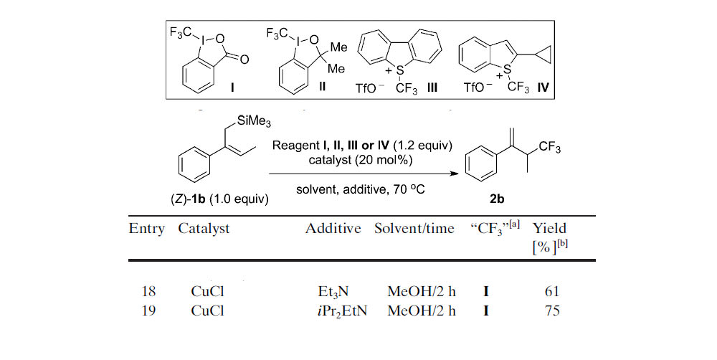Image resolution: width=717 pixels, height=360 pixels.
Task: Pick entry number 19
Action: [144, 311]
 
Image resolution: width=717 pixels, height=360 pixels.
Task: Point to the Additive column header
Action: [333, 229]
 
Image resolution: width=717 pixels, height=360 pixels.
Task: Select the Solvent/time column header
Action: [414, 229]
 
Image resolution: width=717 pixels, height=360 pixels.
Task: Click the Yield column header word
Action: [551, 228]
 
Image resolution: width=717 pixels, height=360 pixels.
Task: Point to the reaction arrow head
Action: [454, 173]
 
